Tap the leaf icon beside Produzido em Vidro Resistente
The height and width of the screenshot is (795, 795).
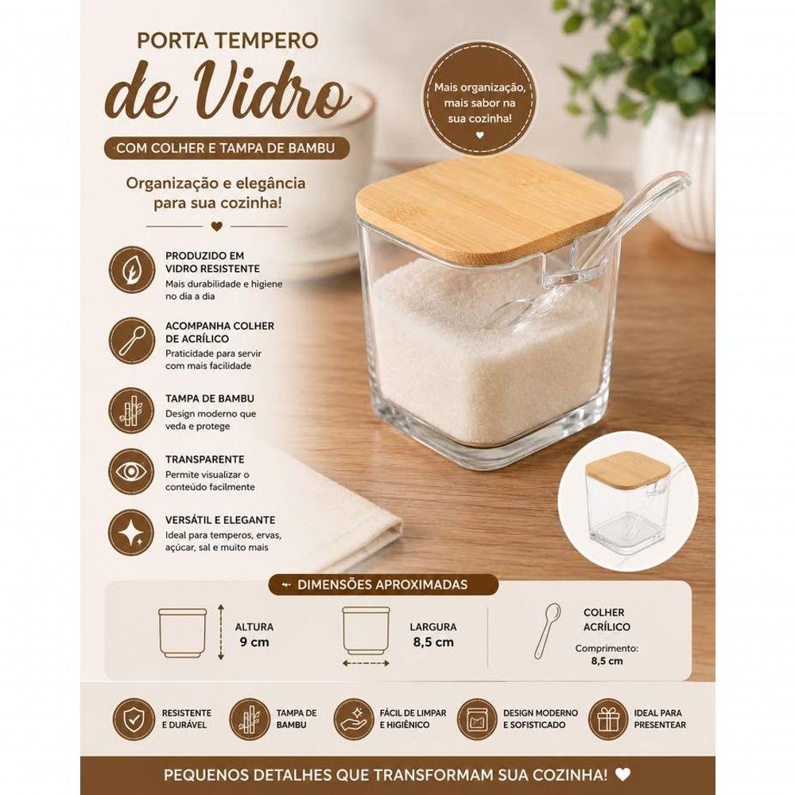click(x=132, y=270)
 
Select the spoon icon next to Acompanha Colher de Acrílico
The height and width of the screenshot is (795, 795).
click(x=132, y=340)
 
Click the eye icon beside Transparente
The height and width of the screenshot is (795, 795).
click(x=132, y=471)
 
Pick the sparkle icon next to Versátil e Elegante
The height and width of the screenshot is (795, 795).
click(x=132, y=533)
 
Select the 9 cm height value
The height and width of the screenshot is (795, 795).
click(x=254, y=642)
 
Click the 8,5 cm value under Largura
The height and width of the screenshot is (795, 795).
click(x=433, y=642)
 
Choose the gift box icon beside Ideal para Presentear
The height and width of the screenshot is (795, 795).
click(x=608, y=719)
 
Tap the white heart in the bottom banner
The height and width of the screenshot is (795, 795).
click(x=622, y=774)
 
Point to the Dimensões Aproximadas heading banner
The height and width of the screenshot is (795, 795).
click(x=383, y=584)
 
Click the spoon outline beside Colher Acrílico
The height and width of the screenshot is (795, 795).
click(x=547, y=630)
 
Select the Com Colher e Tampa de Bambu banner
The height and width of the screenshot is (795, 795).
click(x=227, y=148)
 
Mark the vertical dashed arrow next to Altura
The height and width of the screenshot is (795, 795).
click(x=220, y=632)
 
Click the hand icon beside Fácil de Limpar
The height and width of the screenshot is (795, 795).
click(x=354, y=719)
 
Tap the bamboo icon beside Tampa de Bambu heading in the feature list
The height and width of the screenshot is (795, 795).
click(x=132, y=410)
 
